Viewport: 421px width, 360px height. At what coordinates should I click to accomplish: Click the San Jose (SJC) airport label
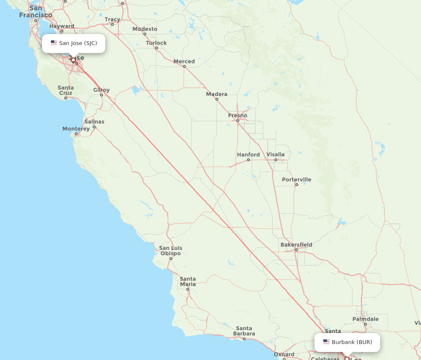(78, 43)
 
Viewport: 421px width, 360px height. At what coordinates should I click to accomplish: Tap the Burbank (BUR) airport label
(352, 342)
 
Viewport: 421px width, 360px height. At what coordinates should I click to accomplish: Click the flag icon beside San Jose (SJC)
(54, 43)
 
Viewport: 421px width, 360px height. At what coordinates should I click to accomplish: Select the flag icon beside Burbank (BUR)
(326, 342)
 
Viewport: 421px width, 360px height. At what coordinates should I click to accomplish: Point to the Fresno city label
(238, 115)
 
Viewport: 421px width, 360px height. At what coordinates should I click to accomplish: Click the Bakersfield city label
(296, 244)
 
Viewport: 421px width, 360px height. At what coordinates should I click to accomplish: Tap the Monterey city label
(76, 129)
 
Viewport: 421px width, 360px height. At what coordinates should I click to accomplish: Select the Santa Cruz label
(66, 90)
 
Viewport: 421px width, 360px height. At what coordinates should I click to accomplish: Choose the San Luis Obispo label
(171, 251)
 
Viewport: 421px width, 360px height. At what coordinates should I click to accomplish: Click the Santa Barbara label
(244, 331)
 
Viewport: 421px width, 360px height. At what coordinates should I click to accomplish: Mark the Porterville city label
(297, 180)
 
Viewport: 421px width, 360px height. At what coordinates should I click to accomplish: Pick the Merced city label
(184, 61)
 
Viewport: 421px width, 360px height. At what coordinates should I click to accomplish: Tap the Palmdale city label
(365, 319)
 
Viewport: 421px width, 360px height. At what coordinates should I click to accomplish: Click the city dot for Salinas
(94, 127)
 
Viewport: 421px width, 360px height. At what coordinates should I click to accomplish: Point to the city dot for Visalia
(276, 160)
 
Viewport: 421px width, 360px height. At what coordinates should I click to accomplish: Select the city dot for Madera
(217, 99)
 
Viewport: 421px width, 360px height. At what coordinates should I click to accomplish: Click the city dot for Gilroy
(101, 95)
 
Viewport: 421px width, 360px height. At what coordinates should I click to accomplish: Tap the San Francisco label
(36, 11)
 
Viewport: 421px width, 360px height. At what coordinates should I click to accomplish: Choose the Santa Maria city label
(188, 281)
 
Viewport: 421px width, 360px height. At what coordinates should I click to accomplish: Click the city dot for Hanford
(248, 160)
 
